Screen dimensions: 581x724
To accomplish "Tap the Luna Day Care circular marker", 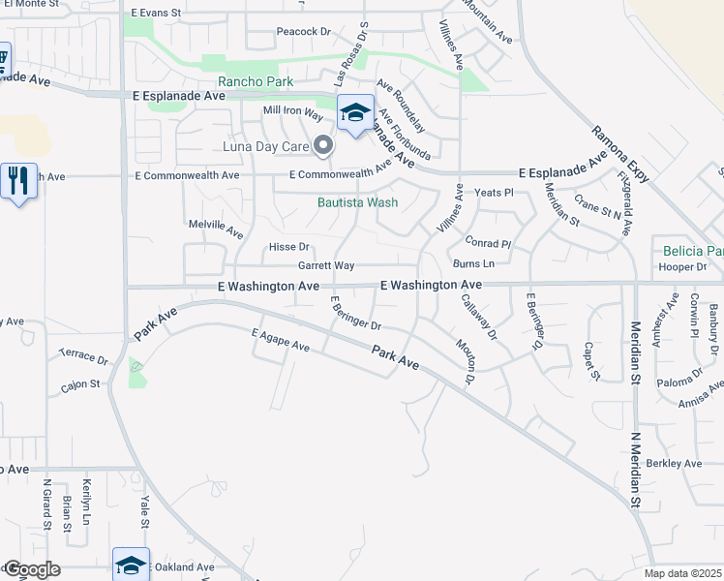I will (324, 147).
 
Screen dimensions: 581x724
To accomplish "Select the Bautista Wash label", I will (358, 203).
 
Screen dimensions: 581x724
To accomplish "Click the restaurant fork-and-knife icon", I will (17, 180).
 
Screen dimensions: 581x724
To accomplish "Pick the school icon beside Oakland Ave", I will (132, 565).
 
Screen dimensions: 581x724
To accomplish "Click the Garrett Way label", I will (326, 265).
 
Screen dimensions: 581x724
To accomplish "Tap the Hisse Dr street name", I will (288, 247).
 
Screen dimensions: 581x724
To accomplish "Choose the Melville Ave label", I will (215, 228).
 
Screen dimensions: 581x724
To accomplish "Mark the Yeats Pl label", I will (493, 193).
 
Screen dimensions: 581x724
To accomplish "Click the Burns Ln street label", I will (473, 263).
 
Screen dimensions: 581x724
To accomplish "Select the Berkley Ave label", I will (674, 464).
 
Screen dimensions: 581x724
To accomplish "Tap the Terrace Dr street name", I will (84, 356).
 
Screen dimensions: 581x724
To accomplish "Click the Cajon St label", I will (81, 384).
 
